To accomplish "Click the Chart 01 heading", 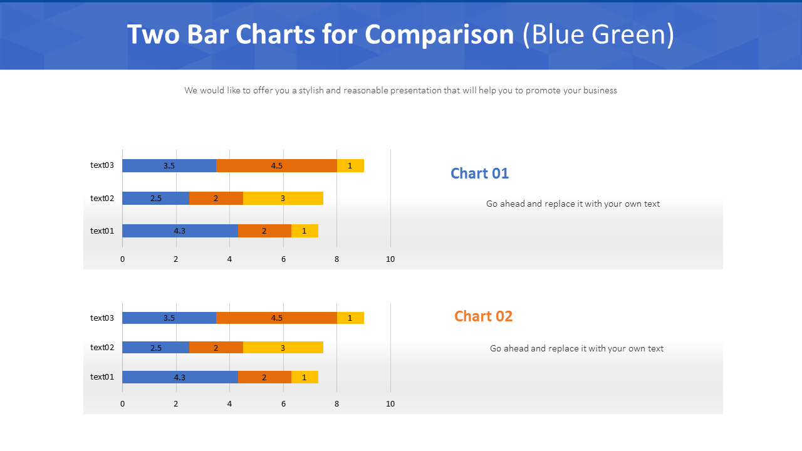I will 479,174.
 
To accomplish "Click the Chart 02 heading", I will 483,316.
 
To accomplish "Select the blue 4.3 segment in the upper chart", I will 180,231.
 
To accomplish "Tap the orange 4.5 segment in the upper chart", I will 276,165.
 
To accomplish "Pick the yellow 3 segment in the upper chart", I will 283,198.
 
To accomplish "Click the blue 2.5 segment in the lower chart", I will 155,347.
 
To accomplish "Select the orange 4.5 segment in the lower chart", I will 276,318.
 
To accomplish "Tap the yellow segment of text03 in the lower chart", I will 350,318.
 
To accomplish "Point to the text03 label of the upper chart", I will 102,165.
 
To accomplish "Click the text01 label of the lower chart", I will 102,376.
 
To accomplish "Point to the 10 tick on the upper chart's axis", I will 390,259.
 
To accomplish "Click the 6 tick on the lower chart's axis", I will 283,404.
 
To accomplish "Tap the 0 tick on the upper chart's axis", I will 122,259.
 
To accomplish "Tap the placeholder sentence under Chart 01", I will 573,204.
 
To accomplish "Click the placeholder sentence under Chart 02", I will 576,348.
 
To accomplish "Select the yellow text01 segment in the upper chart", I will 305,231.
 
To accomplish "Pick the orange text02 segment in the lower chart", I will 216,347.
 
